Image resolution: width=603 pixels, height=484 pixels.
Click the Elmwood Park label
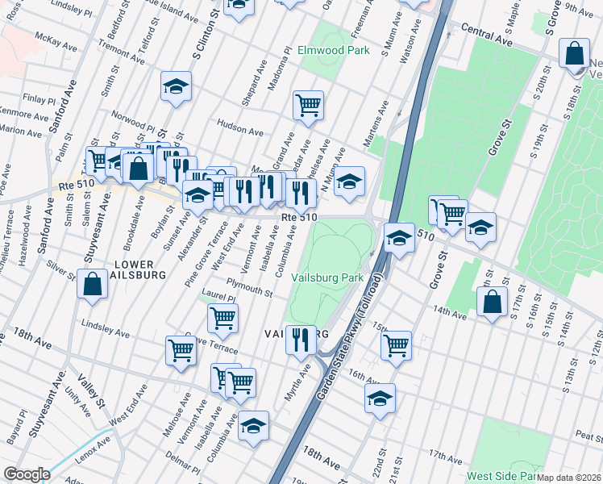pyautogui.click(x=333, y=50)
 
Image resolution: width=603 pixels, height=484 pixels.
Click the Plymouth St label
pyautogui.click(x=249, y=288)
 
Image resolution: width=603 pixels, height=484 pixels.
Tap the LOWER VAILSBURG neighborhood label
pyautogui.click(x=129, y=269)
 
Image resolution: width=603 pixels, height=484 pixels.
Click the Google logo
pyautogui.click(x=27, y=474)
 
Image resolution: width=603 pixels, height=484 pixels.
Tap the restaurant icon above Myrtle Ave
pyautogui.click(x=300, y=339)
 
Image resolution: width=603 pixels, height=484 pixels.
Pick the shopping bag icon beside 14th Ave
pyautogui.click(x=491, y=303)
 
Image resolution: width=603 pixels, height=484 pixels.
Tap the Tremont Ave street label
pyautogui.click(x=121, y=49)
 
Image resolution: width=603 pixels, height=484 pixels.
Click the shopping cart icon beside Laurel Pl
pyautogui.click(x=222, y=317)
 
